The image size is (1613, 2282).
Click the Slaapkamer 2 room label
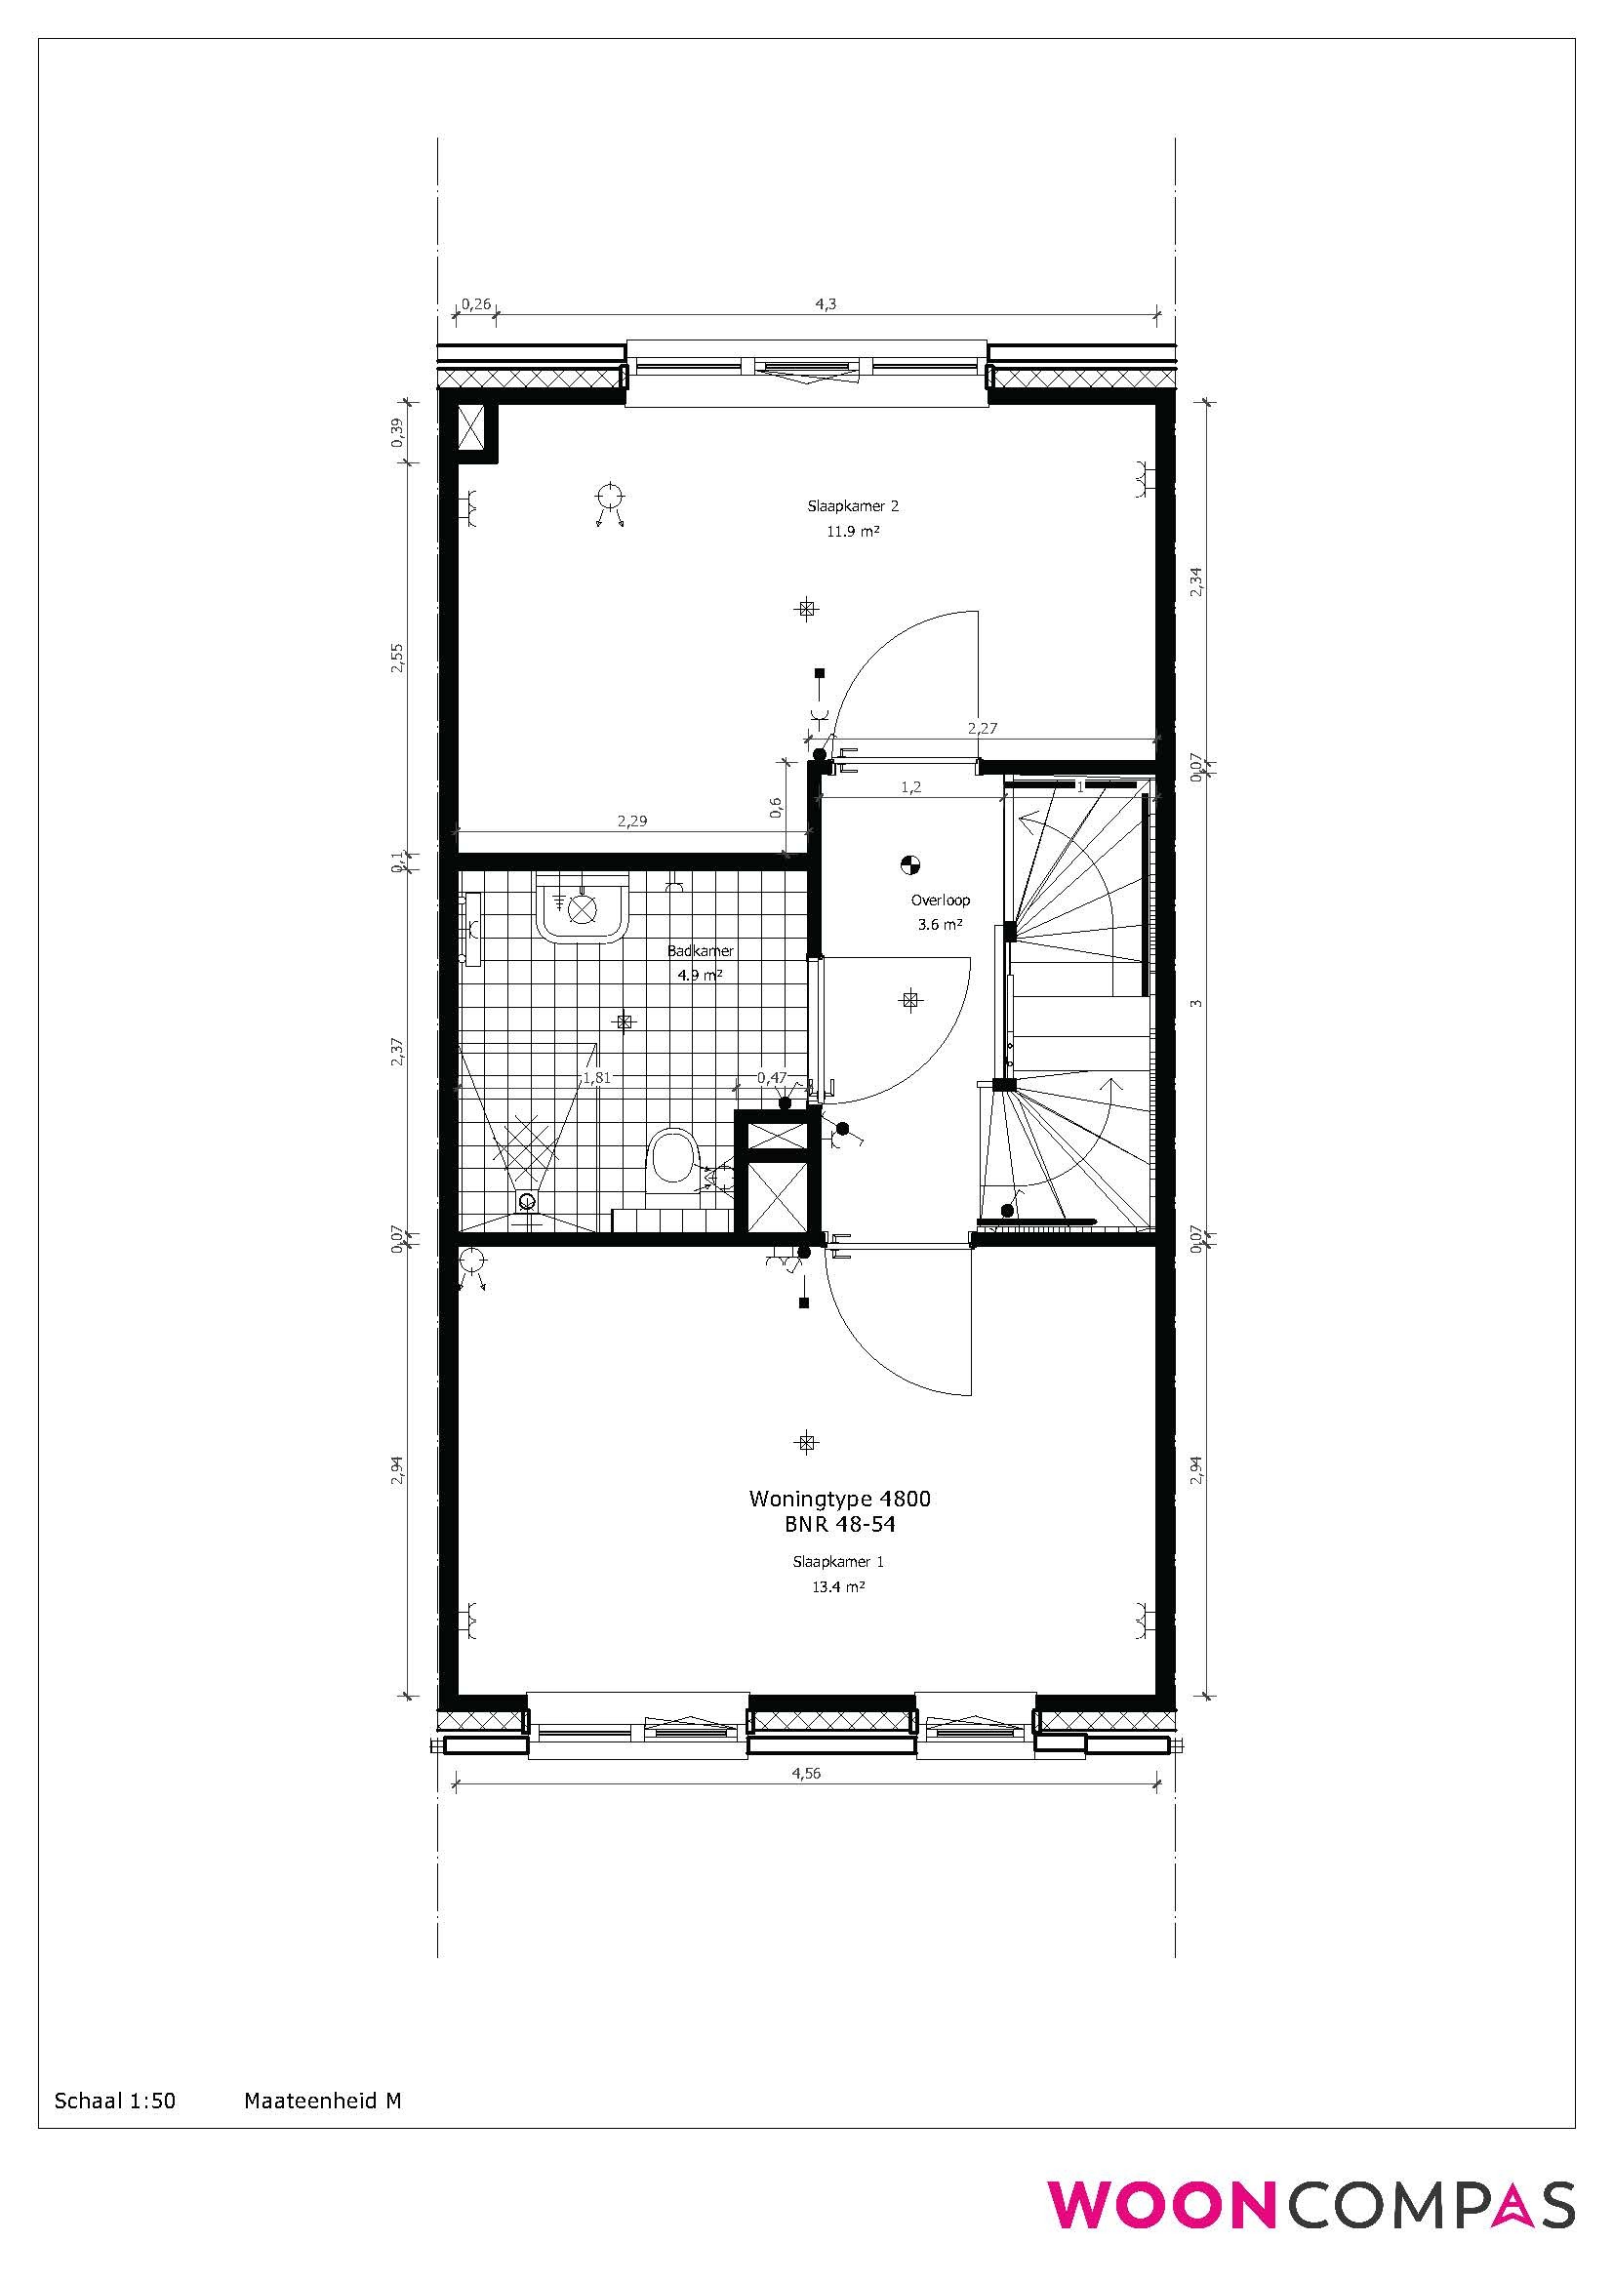[x=853, y=506]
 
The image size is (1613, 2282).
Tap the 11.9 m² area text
[x=853, y=531]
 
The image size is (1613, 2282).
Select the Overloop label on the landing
[x=940, y=901]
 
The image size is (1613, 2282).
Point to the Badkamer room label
[x=701, y=951]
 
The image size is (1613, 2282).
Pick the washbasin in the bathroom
[x=583, y=906]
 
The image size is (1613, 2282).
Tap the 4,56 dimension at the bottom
[x=806, y=1773]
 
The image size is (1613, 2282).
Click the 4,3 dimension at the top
[x=826, y=304]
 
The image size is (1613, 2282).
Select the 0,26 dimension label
[x=476, y=303]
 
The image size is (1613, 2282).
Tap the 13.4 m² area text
[x=839, y=1587]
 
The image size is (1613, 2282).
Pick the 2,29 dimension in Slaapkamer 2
[x=632, y=821]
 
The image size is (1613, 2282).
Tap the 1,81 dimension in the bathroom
[x=597, y=1076]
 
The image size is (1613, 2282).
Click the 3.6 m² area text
[x=940, y=924]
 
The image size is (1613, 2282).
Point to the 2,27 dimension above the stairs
[x=983, y=728]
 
